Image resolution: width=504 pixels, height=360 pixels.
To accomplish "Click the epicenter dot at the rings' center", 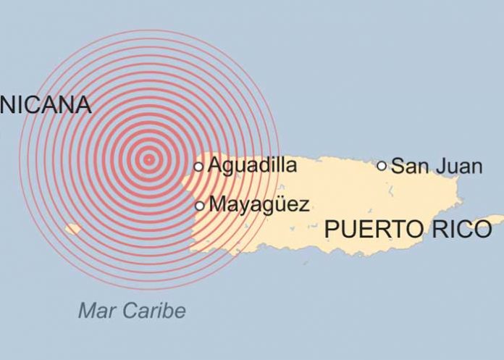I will (x=148, y=159).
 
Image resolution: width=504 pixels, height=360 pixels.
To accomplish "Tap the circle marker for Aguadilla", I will (x=198, y=167).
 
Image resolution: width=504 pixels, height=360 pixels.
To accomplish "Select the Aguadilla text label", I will (x=252, y=166).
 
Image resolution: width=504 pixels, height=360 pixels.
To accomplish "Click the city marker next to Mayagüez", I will (x=200, y=206).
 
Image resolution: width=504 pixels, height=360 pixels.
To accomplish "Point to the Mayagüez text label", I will (x=259, y=205).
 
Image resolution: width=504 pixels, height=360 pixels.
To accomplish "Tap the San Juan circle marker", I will (x=382, y=166).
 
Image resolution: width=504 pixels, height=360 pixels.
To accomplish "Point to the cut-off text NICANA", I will (x=46, y=105).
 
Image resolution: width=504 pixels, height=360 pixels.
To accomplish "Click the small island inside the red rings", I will (x=72, y=230).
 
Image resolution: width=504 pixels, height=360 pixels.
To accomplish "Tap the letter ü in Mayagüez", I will (x=280, y=205).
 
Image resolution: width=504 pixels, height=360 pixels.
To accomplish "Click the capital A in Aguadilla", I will (x=215, y=166).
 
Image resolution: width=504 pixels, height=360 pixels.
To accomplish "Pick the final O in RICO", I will (x=482, y=230).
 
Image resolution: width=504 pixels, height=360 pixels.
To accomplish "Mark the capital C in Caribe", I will (x=126, y=311).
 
